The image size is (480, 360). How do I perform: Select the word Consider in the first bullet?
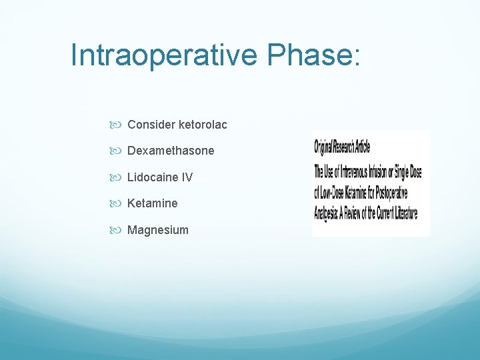pyautogui.click(x=151, y=125)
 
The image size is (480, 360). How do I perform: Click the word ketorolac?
pyautogui.click(x=203, y=125)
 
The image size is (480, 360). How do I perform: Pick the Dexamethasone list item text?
pyautogui.click(x=171, y=151)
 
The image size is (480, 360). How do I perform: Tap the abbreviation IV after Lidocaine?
pyautogui.click(x=187, y=177)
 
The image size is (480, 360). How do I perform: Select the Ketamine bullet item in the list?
pyautogui.click(x=152, y=203)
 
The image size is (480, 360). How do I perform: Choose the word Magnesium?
pyautogui.click(x=157, y=230)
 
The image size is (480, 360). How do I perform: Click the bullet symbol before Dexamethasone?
pyautogui.click(x=120, y=151)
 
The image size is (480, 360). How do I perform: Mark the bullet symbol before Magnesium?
pyautogui.click(x=120, y=231)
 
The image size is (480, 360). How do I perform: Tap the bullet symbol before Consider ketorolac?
pyautogui.click(x=120, y=125)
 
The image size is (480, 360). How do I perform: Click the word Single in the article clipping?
pyautogui.click(x=399, y=171)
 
